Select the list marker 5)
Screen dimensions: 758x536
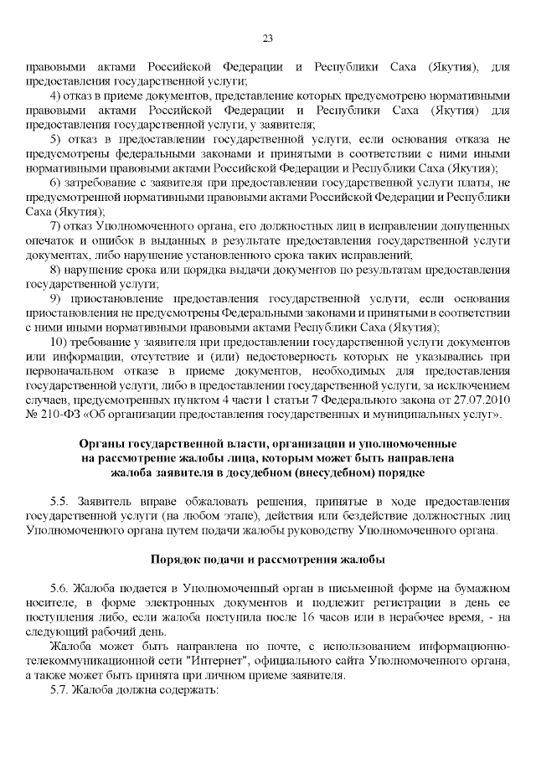click(x=56, y=138)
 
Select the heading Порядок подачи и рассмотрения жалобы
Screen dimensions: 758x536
click(x=268, y=559)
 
